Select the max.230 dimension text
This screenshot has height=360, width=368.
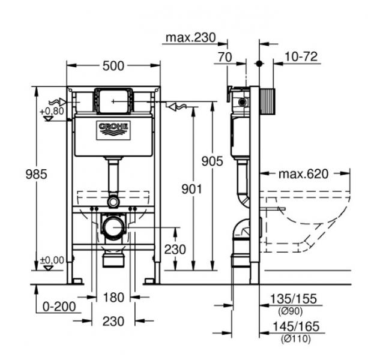click(x=190, y=39)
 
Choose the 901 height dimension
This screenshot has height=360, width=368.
click(x=190, y=189)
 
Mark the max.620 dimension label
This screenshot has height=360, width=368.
click(x=303, y=175)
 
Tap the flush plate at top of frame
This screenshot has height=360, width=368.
click(x=113, y=101)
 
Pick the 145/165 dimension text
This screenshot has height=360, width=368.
click(x=294, y=327)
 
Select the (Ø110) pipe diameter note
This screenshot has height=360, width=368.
click(x=292, y=339)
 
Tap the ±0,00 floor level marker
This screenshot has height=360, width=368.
click(x=52, y=260)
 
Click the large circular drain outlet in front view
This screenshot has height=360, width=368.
click(x=113, y=227)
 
